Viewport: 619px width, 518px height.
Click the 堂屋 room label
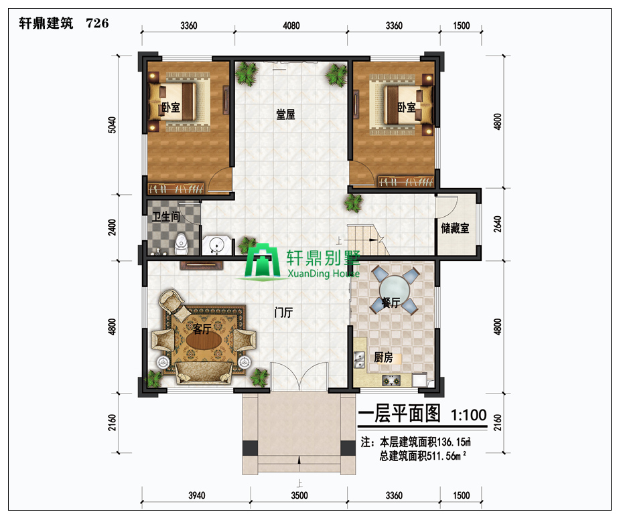[286, 114]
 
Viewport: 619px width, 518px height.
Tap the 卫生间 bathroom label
[165, 217]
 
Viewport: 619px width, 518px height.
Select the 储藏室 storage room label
[455, 228]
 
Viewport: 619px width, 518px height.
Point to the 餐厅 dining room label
[391, 303]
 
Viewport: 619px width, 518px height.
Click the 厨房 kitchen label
[383, 358]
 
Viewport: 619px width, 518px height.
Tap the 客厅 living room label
[202, 329]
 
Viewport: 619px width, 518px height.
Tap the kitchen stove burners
[391, 381]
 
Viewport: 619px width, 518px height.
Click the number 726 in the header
[97, 23]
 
